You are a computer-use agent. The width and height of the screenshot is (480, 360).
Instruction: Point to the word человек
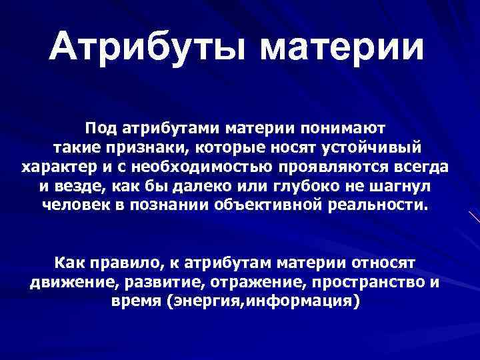77,203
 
